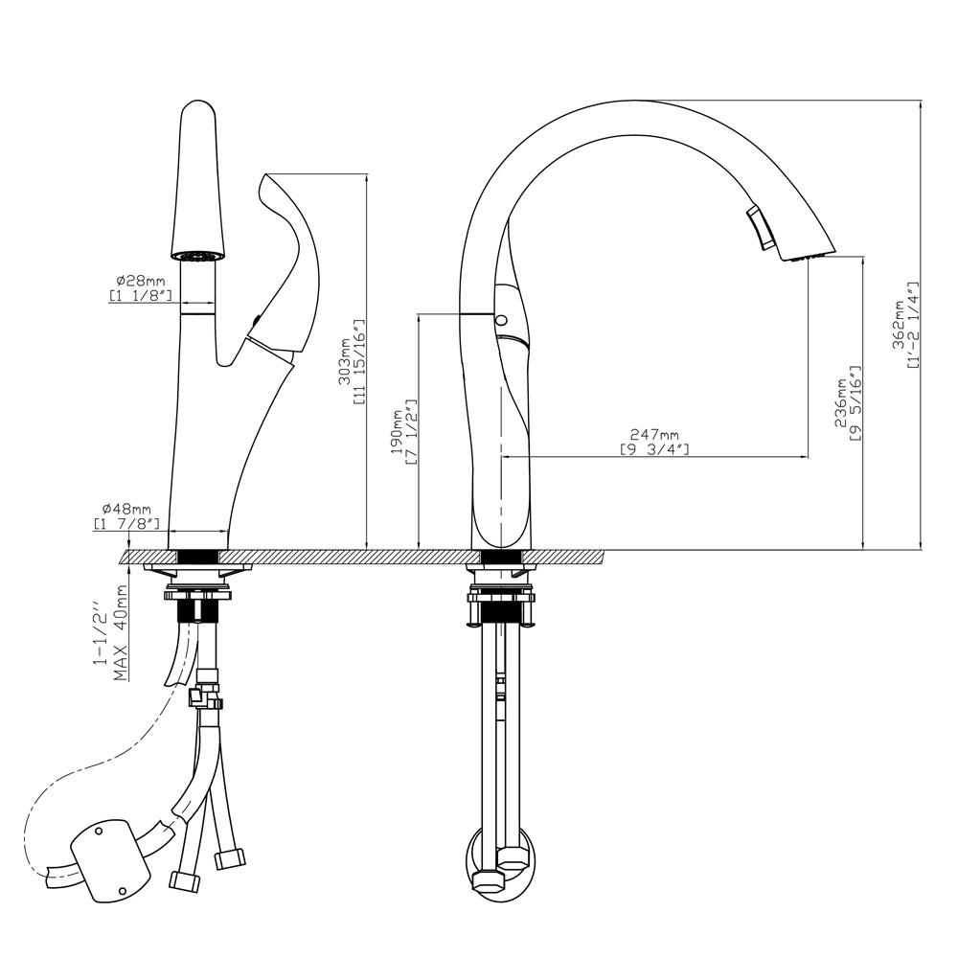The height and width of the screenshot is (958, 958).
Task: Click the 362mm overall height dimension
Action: [x=899, y=326]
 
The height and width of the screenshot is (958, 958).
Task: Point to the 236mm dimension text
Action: [x=842, y=404]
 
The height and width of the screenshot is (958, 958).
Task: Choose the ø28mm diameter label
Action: [x=141, y=282]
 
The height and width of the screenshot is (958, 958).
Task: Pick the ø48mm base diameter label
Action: [x=126, y=509]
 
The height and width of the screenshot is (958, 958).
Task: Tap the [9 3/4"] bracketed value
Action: [x=654, y=449]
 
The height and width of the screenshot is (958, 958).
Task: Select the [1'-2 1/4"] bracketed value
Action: [x=913, y=325]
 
